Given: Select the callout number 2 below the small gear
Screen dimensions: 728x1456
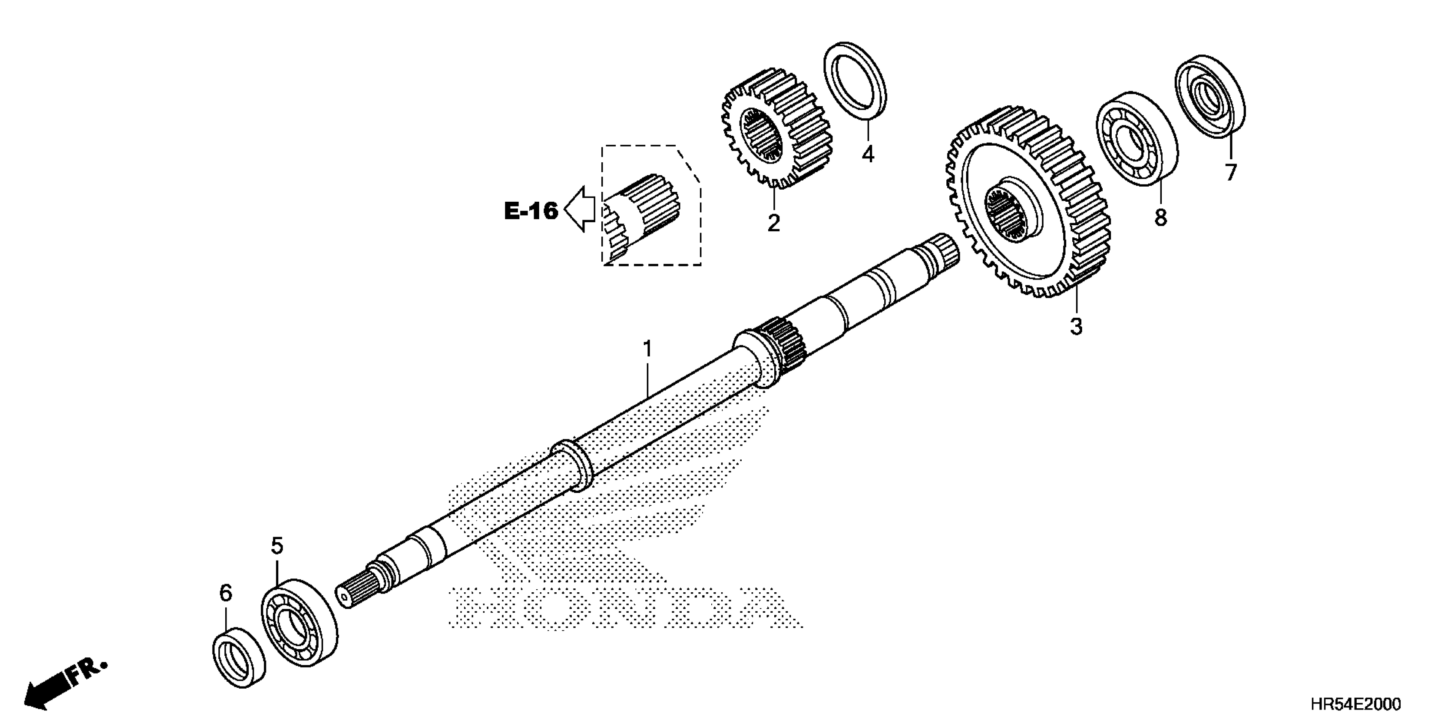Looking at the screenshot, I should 773,223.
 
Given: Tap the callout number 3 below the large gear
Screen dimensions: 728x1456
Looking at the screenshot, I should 1076,326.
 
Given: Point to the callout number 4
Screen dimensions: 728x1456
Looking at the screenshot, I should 868,154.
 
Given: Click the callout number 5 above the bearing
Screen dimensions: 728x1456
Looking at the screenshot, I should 277,546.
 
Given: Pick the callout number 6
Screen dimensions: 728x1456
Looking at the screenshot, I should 226,594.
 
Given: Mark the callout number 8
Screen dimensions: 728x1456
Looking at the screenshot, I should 1161,217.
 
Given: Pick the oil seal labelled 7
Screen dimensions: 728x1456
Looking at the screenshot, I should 1210,96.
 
